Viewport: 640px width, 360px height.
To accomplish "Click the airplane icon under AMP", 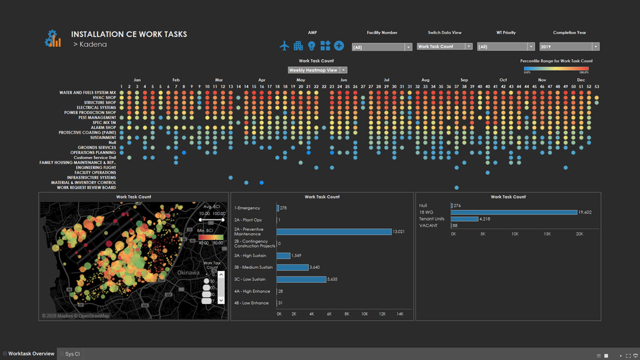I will [284, 46].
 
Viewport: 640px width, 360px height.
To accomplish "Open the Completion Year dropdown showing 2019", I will [569, 47].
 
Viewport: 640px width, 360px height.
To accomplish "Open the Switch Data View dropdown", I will [445, 47].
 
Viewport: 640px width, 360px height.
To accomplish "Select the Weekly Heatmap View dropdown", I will [317, 70].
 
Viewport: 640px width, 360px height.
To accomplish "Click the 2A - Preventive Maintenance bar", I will [334, 231].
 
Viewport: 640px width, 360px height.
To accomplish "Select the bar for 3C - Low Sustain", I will [301, 279].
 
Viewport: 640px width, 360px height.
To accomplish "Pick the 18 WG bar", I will [513, 212].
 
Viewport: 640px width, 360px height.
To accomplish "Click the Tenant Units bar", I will [464, 219].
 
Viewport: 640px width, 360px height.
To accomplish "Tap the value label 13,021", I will [398, 231].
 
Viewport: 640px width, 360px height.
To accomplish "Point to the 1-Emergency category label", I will [247, 208].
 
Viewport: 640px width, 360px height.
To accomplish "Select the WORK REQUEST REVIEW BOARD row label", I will [86, 188].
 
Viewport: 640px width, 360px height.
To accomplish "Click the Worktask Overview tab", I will [31, 354].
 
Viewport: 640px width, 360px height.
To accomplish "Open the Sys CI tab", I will [72, 354].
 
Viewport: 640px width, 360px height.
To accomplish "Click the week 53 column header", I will [597, 87].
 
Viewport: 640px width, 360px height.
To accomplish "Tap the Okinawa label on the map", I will [188, 273].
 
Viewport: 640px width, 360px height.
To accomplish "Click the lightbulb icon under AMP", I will [311, 46].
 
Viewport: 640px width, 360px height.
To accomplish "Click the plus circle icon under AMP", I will [339, 46].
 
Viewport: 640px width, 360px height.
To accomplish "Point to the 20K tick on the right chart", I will [579, 234].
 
